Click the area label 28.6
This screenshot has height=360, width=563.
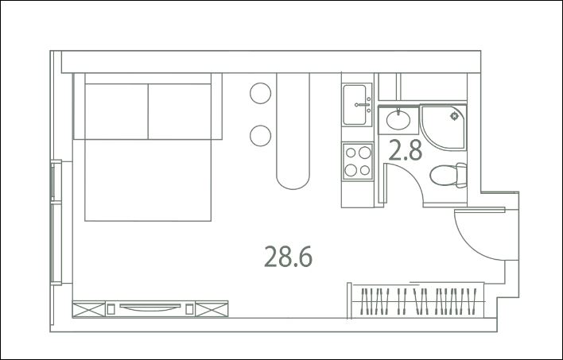288,257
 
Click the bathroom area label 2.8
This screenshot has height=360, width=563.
405,150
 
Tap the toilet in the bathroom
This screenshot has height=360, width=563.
448,175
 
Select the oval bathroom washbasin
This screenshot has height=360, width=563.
398,120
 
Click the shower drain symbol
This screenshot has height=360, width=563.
455,116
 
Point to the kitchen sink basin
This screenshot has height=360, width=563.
355,104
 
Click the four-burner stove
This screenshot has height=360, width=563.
358,161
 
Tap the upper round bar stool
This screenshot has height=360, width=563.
260,93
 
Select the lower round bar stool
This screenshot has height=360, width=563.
260,136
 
